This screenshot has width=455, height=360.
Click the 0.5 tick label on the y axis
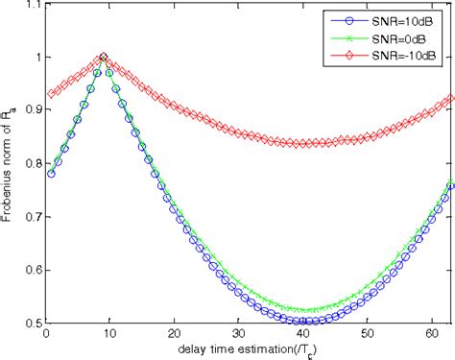(x=29, y=323)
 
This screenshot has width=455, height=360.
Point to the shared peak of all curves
(x=103, y=58)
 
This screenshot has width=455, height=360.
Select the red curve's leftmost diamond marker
(x=51, y=94)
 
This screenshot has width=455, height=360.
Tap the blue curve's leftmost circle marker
(x=51, y=174)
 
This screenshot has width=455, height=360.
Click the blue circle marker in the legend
(x=351, y=18)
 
